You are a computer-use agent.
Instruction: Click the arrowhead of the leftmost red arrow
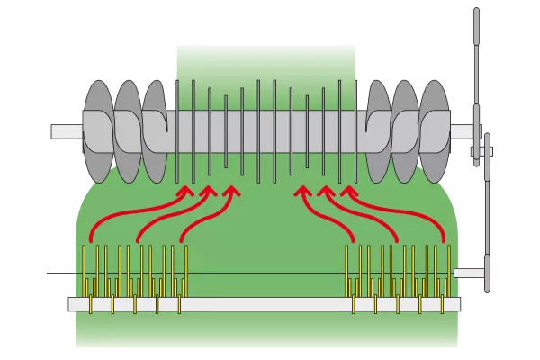185,191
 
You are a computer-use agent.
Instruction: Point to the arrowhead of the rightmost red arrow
348,191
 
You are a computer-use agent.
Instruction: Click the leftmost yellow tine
86,270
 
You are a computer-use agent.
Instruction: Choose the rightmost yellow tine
447,270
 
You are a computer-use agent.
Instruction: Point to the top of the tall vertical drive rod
474,13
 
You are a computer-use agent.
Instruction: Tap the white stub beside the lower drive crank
468,272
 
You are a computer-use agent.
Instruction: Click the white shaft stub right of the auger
460,132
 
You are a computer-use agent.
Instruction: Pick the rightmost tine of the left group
186,270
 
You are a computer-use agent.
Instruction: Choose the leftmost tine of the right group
348,270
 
